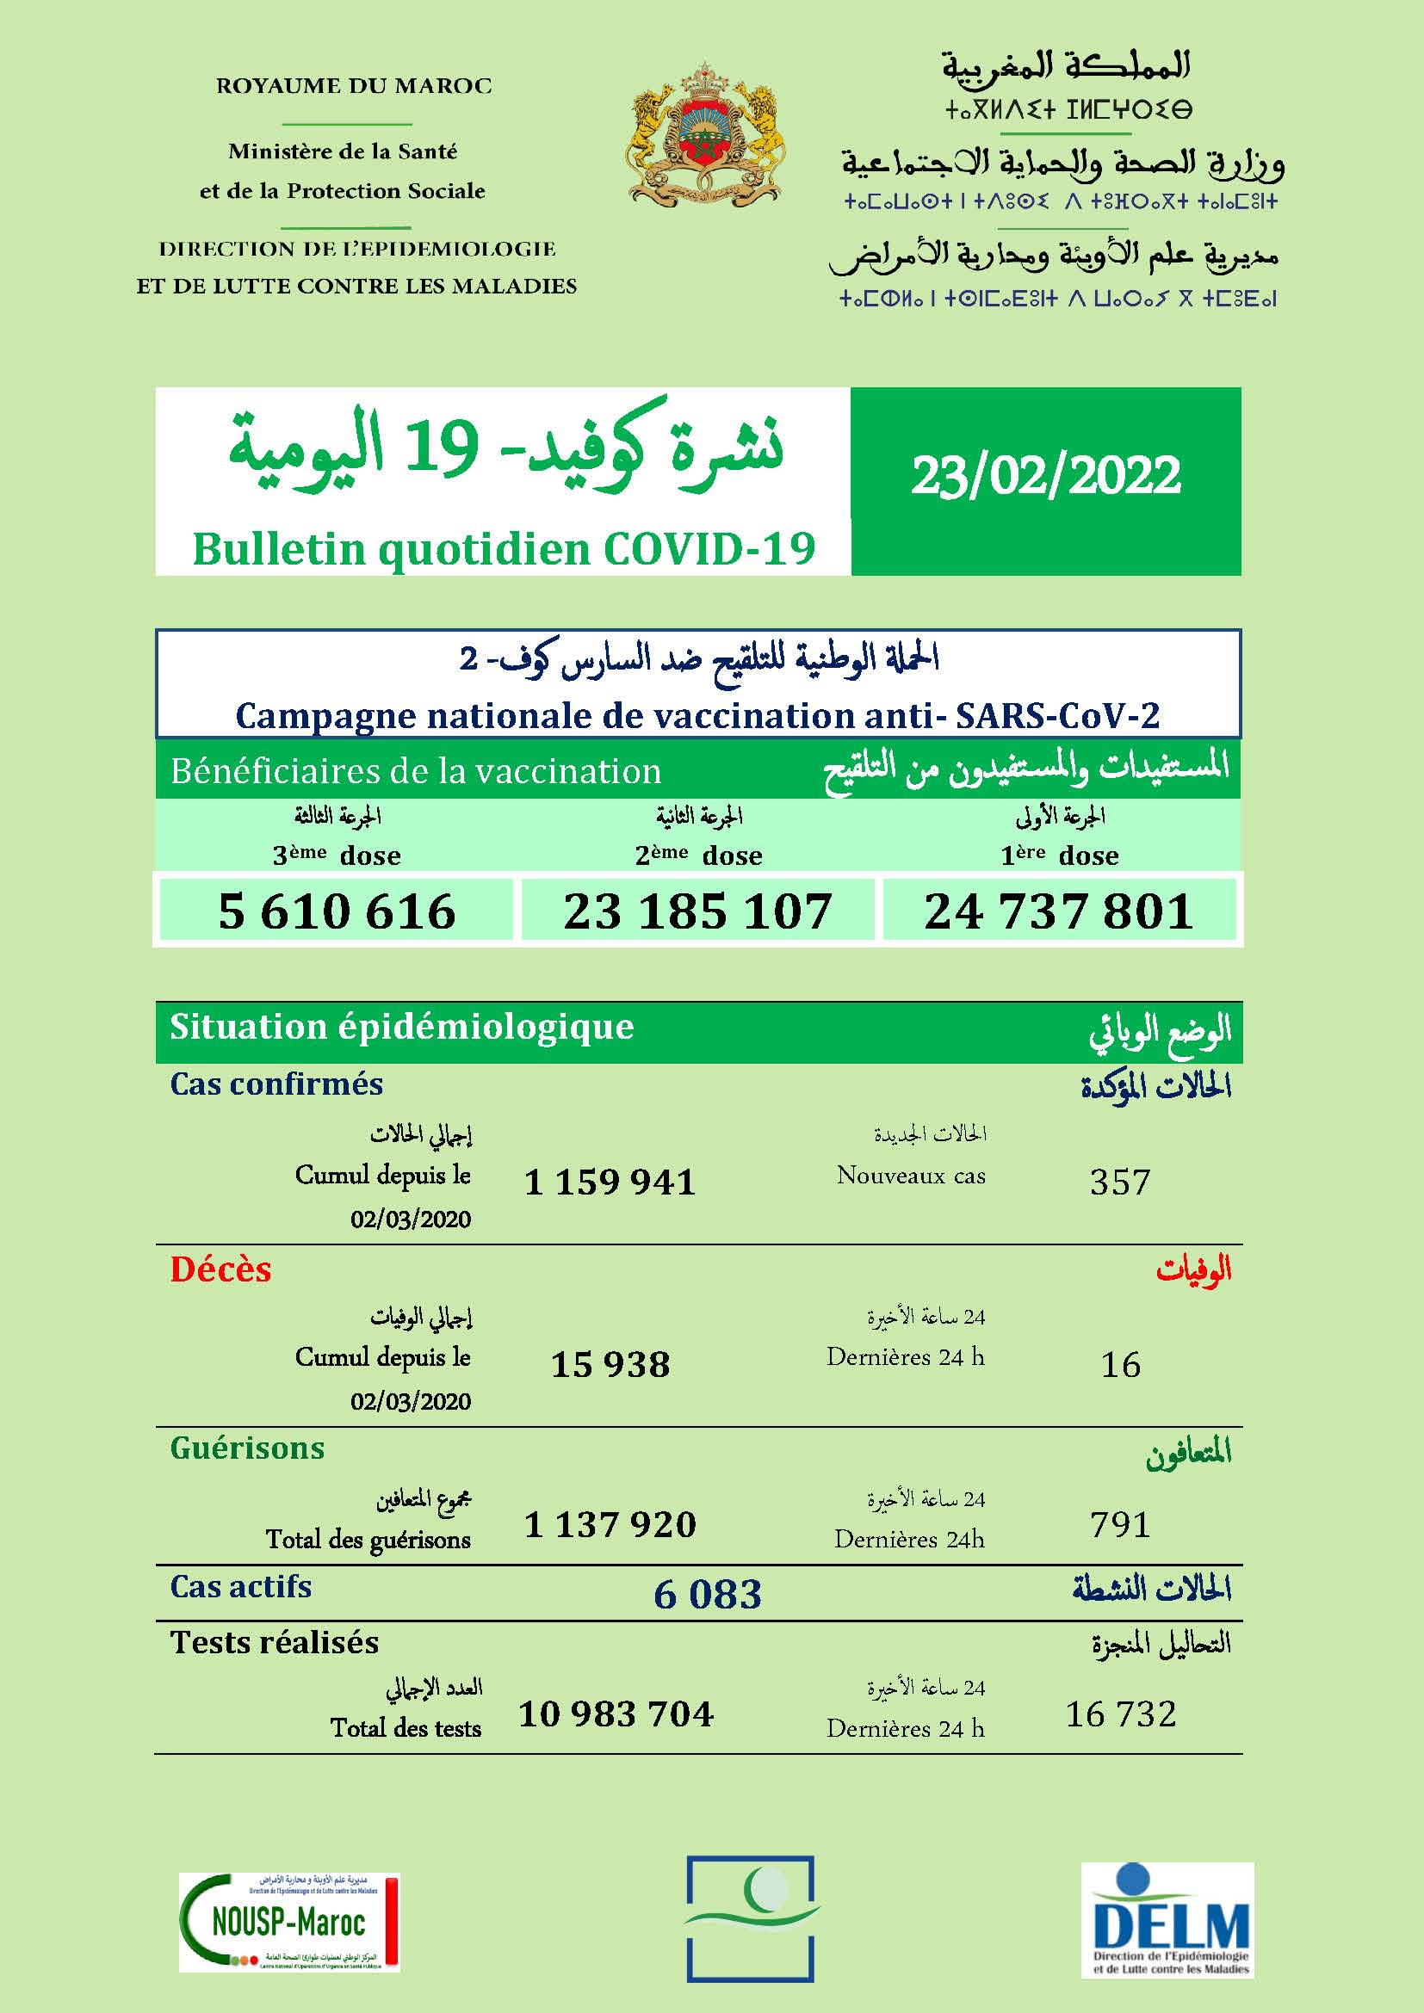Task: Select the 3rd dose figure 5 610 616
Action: (337, 911)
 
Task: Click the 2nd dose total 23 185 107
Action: (697, 911)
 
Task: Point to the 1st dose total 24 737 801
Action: (1058, 911)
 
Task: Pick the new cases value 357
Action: (1120, 1182)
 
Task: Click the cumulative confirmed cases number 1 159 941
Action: (610, 1182)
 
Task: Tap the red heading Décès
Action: (221, 1269)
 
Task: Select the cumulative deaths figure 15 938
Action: (610, 1364)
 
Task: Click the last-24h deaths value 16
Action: (1121, 1364)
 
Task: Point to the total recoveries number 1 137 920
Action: (610, 1525)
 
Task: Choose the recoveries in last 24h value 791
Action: (1120, 1525)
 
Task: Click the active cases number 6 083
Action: (708, 1594)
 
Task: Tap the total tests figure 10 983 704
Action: (616, 1714)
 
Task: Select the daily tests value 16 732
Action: (1121, 1714)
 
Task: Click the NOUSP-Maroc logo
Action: (289, 1922)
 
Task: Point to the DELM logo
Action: (1167, 1917)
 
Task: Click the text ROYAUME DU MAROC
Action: (354, 86)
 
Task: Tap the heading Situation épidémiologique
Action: (401, 1027)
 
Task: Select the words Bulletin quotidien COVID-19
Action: (504, 550)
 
